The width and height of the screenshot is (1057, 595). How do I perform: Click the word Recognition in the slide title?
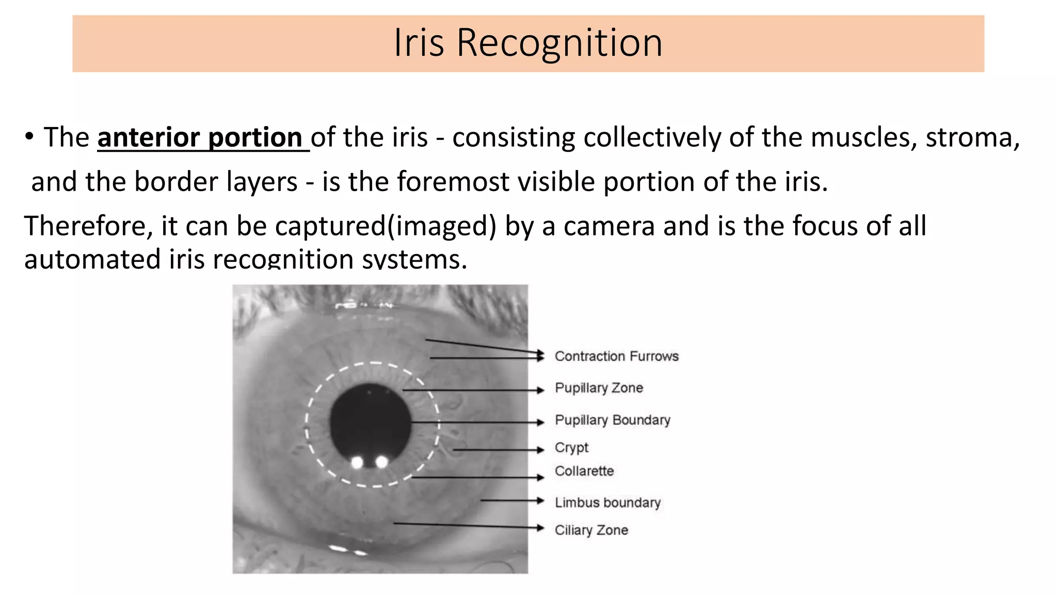(x=559, y=42)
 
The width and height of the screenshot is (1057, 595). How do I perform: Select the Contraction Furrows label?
(x=616, y=356)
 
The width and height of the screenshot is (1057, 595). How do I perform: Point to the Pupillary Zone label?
(x=599, y=388)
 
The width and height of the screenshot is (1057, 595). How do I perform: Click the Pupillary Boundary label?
(x=612, y=420)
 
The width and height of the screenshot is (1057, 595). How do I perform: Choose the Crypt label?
(x=571, y=447)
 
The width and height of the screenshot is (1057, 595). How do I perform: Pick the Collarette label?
(x=584, y=471)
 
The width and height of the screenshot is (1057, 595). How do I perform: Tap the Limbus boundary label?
(x=607, y=503)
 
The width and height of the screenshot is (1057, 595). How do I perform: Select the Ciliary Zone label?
(x=591, y=530)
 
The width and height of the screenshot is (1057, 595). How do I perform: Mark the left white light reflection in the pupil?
(x=357, y=462)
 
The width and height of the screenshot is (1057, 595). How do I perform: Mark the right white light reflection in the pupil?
(x=381, y=462)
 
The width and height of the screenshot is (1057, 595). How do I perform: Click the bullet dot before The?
(x=29, y=137)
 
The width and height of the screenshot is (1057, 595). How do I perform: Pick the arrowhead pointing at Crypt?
(x=541, y=450)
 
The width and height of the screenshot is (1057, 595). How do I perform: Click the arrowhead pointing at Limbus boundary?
(x=541, y=500)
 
